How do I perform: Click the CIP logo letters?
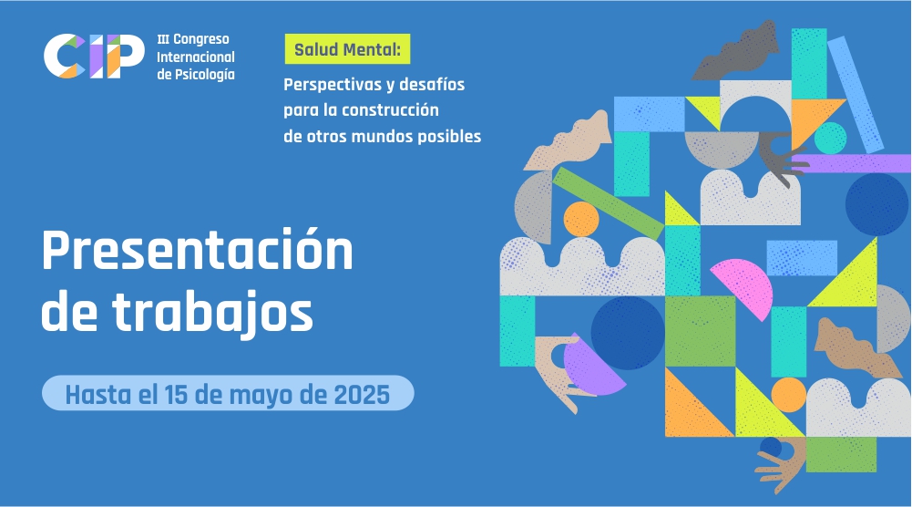point(94,56)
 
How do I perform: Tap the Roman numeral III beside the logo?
point(163,39)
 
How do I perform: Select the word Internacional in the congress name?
point(195,57)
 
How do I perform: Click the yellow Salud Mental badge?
point(347,49)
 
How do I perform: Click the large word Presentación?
point(197,251)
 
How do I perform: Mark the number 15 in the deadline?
point(176,394)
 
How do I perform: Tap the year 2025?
point(362,394)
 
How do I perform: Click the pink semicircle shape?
point(746,285)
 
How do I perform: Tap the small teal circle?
point(830,138)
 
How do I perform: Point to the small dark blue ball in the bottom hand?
point(771,447)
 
